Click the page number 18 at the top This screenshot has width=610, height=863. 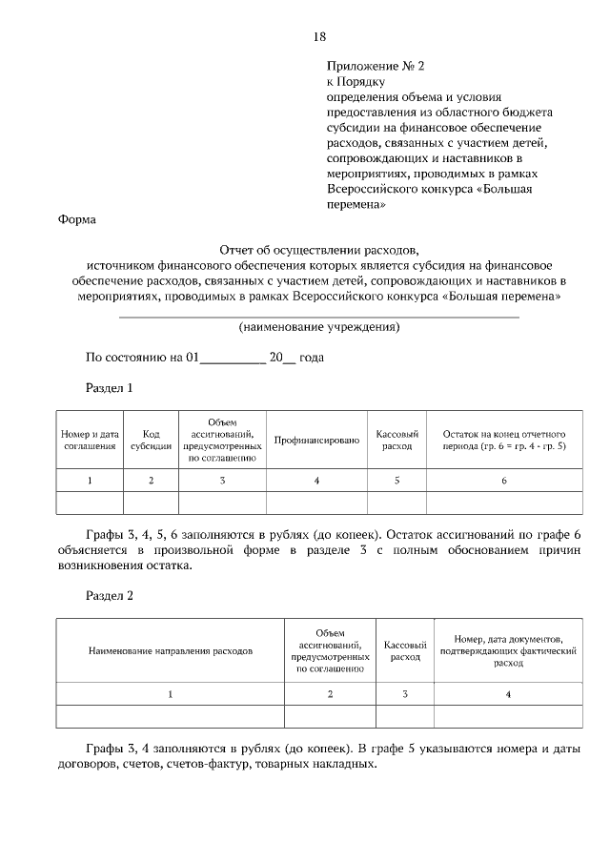[319, 37]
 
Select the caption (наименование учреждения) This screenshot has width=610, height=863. [319, 327]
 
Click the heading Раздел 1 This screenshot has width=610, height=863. [110, 388]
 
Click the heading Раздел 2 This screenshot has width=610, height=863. [110, 596]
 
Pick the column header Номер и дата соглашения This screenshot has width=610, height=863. [90, 440]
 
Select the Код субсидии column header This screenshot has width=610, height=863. [151, 440]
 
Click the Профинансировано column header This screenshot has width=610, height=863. [316, 440]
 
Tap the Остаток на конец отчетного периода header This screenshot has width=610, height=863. [504, 440]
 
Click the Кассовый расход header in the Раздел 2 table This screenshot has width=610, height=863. [404, 651]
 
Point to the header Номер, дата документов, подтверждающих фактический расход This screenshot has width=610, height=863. [508, 651]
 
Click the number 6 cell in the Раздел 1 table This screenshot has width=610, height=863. [504, 481]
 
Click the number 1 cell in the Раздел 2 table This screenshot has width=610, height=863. [171, 694]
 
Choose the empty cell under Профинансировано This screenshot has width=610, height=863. [316, 503]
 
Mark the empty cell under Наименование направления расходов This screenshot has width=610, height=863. [171, 716]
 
